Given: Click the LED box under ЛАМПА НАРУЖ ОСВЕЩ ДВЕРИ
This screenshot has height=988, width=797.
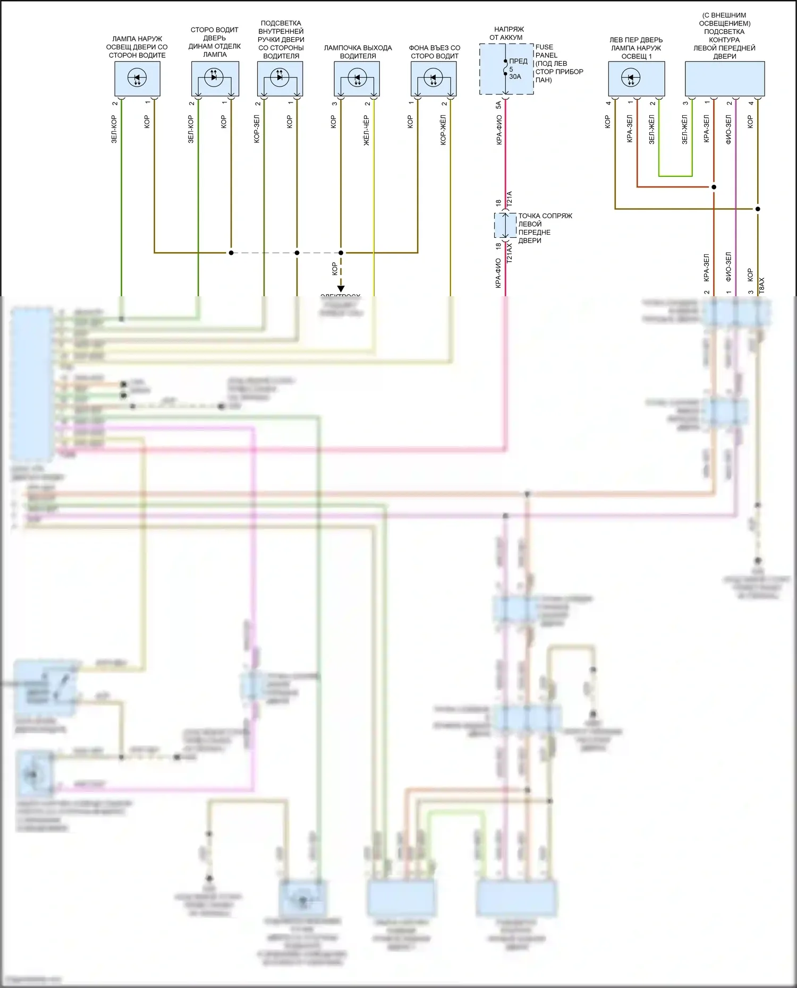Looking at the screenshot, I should [137, 79].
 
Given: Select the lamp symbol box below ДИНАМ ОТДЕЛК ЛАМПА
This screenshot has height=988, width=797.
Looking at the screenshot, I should [215, 79].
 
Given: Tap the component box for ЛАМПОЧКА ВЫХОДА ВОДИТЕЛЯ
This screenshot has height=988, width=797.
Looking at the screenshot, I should [357, 79].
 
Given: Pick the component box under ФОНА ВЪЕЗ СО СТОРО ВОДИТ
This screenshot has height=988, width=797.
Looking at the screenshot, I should [434, 79].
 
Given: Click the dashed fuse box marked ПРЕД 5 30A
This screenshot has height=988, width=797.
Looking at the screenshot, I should [506, 69].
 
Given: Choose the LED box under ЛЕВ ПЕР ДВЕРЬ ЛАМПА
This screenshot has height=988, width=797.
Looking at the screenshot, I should [636, 79].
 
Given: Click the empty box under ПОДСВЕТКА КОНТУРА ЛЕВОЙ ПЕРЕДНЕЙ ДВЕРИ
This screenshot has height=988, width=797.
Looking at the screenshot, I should [725, 79].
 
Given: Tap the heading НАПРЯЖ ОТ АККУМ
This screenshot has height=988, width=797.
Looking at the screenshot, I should [508, 33].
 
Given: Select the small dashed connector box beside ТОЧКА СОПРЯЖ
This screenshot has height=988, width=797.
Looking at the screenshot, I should [505, 226].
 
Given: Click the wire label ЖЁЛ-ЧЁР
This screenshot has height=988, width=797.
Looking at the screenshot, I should [366, 130].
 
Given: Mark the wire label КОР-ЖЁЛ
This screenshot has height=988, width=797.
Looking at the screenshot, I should [443, 130].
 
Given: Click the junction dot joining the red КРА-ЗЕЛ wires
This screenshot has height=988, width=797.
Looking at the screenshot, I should [714, 187].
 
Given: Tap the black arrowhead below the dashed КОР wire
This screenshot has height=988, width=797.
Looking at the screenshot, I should [341, 289].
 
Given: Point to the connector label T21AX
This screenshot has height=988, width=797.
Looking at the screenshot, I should [510, 253].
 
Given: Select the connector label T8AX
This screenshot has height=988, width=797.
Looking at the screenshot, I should [761, 286].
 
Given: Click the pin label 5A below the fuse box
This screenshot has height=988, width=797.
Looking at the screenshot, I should [498, 105].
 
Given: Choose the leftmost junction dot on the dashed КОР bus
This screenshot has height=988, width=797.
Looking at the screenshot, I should [231, 253].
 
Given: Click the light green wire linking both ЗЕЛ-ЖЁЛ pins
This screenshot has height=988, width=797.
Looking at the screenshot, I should [675, 176].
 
